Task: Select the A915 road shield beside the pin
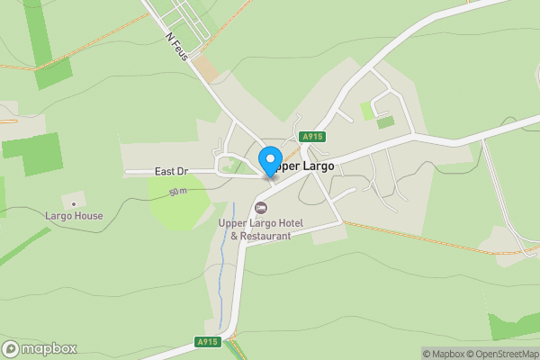click(x=312, y=136)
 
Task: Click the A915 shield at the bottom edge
click(x=207, y=342)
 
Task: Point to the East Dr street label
click(x=171, y=171)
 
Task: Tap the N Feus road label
click(x=176, y=48)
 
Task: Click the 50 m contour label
click(x=177, y=192)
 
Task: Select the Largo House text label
click(x=74, y=216)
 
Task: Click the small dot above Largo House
click(x=74, y=203)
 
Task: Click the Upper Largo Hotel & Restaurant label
click(x=261, y=229)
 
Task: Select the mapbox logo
click(x=40, y=349)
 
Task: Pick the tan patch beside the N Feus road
click(x=208, y=68)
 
